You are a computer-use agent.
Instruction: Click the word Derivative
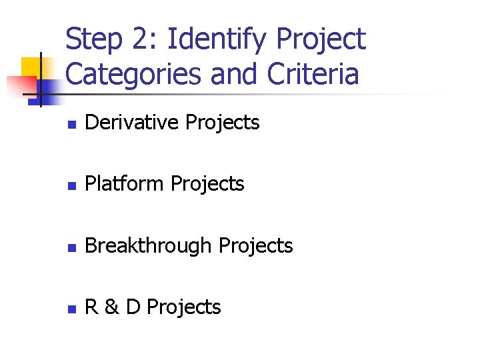pos(133,123)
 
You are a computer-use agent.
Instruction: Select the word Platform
pos(125,184)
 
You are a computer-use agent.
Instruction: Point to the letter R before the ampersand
pos(92,307)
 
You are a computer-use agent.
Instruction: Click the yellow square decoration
pos(31,67)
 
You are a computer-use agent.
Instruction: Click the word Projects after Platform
pos(207,185)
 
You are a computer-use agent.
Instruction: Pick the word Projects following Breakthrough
pos(256,246)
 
